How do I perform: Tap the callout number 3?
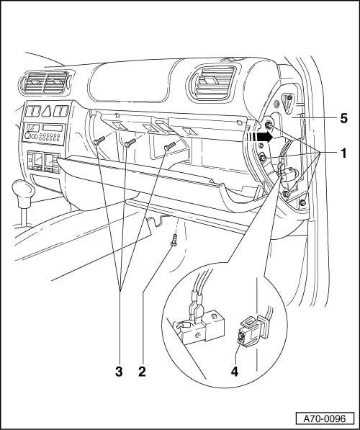(x=119, y=372)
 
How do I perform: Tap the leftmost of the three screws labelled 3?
(x=99, y=141)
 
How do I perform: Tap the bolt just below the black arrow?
(x=264, y=158)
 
